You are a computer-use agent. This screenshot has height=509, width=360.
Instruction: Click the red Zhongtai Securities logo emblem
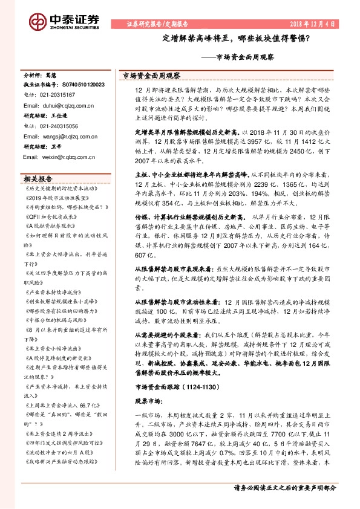click(38, 22)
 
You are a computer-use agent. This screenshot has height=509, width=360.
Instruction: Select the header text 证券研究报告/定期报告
click(157, 24)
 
